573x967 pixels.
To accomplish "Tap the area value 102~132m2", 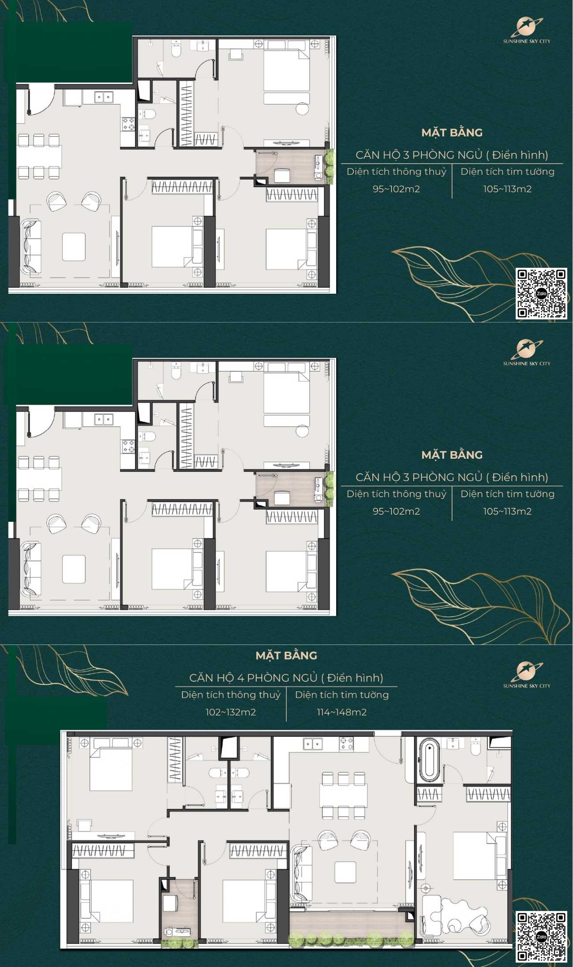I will click(x=231, y=712).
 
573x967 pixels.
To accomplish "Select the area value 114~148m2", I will click(x=342, y=712).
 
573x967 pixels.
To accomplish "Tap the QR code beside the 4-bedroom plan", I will click(x=541, y=937).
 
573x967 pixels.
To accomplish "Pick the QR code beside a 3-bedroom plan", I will click(x=541, y=293).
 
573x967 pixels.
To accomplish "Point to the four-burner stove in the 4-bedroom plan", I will click(x=346, y=744).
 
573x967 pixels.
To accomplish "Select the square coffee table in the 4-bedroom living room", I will click(x=345, y=873).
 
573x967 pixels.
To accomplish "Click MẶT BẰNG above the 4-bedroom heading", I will click(x=286, y=656).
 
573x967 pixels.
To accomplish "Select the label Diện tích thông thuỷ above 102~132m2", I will click(x=231, y=695).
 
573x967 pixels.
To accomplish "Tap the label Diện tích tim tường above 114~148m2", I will click(x=342, y=695).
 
